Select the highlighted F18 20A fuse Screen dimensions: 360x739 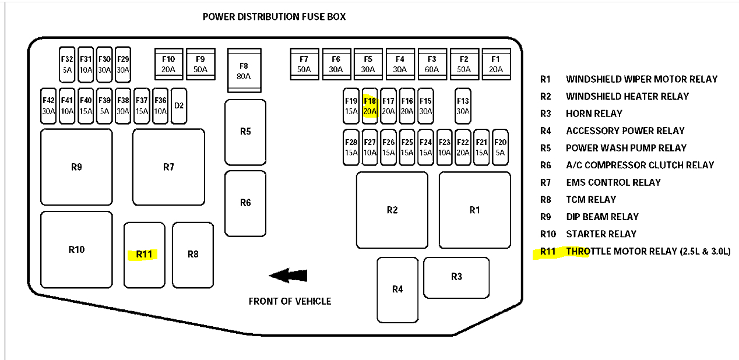(x=370, y=105)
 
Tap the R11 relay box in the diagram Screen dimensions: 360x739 (x=144, y=255)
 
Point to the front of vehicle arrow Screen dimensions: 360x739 (x=288, y=276)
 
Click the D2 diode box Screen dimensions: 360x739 (x=179, y=105)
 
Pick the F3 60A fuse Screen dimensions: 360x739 (x=432, y=63)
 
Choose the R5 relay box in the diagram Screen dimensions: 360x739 (x=245, y=132)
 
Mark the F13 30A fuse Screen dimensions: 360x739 (x=463, y=105)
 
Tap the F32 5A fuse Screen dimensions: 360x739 (x=67, y=63)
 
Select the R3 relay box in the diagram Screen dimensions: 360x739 (x=456, y=277)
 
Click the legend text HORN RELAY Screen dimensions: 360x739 (x=594, y=114)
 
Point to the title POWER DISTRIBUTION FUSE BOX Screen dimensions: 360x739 (x=274, y=16)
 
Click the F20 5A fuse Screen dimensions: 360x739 (x=500, y=147)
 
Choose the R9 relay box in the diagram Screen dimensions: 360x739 (x=76, y=167)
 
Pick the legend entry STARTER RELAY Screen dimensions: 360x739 (x=601, y=234)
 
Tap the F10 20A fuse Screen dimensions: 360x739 (x=168, y=63)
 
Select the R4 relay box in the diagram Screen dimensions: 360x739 (x=397, y=289)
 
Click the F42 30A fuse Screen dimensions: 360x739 (x=48, y=105)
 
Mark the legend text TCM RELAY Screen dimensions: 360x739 (x=590, y=200)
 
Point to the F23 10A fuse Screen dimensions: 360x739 (x=444, y=147)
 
